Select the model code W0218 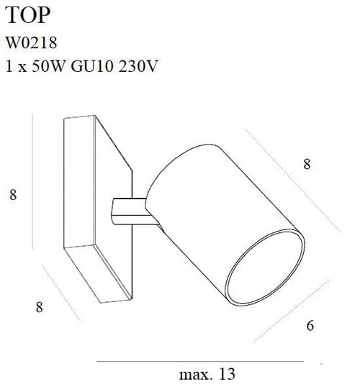pyautogui.click(x=35, y=44)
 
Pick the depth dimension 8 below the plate pyautogui.click(x=40, y=306)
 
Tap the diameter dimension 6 pyautogui.click(x=310, y=325)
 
